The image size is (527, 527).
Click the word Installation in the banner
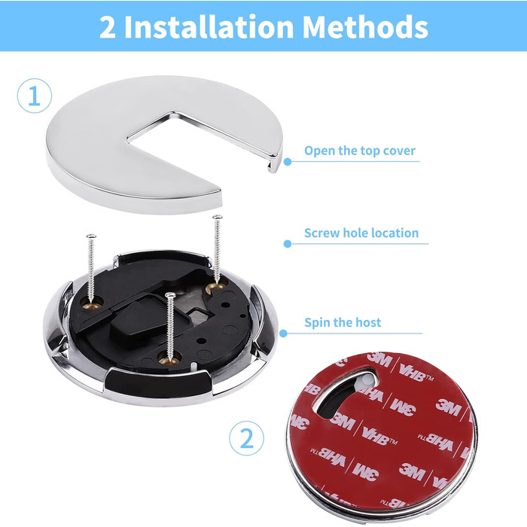(209, 27)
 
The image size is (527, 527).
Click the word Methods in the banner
(365, 27)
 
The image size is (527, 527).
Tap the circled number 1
(35, 96)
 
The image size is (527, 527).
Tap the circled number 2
(246, 438)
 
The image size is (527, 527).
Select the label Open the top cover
(360, 151)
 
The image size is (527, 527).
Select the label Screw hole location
(361, 233)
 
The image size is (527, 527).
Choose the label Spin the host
(343, 323)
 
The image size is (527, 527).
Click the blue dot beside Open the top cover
(288, 162)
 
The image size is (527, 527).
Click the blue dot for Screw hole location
(288, 244)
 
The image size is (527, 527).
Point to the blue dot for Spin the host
(283, 334)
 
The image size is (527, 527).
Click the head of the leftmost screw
(91, 236)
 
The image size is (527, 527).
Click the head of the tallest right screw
(218, 217)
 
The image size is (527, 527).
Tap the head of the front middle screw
(170, 295)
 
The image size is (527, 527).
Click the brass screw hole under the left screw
(91, 304)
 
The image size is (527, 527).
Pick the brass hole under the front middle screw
(169, 360)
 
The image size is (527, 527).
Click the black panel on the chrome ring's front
(158, 383)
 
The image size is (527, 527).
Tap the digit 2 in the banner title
(107, 28)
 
